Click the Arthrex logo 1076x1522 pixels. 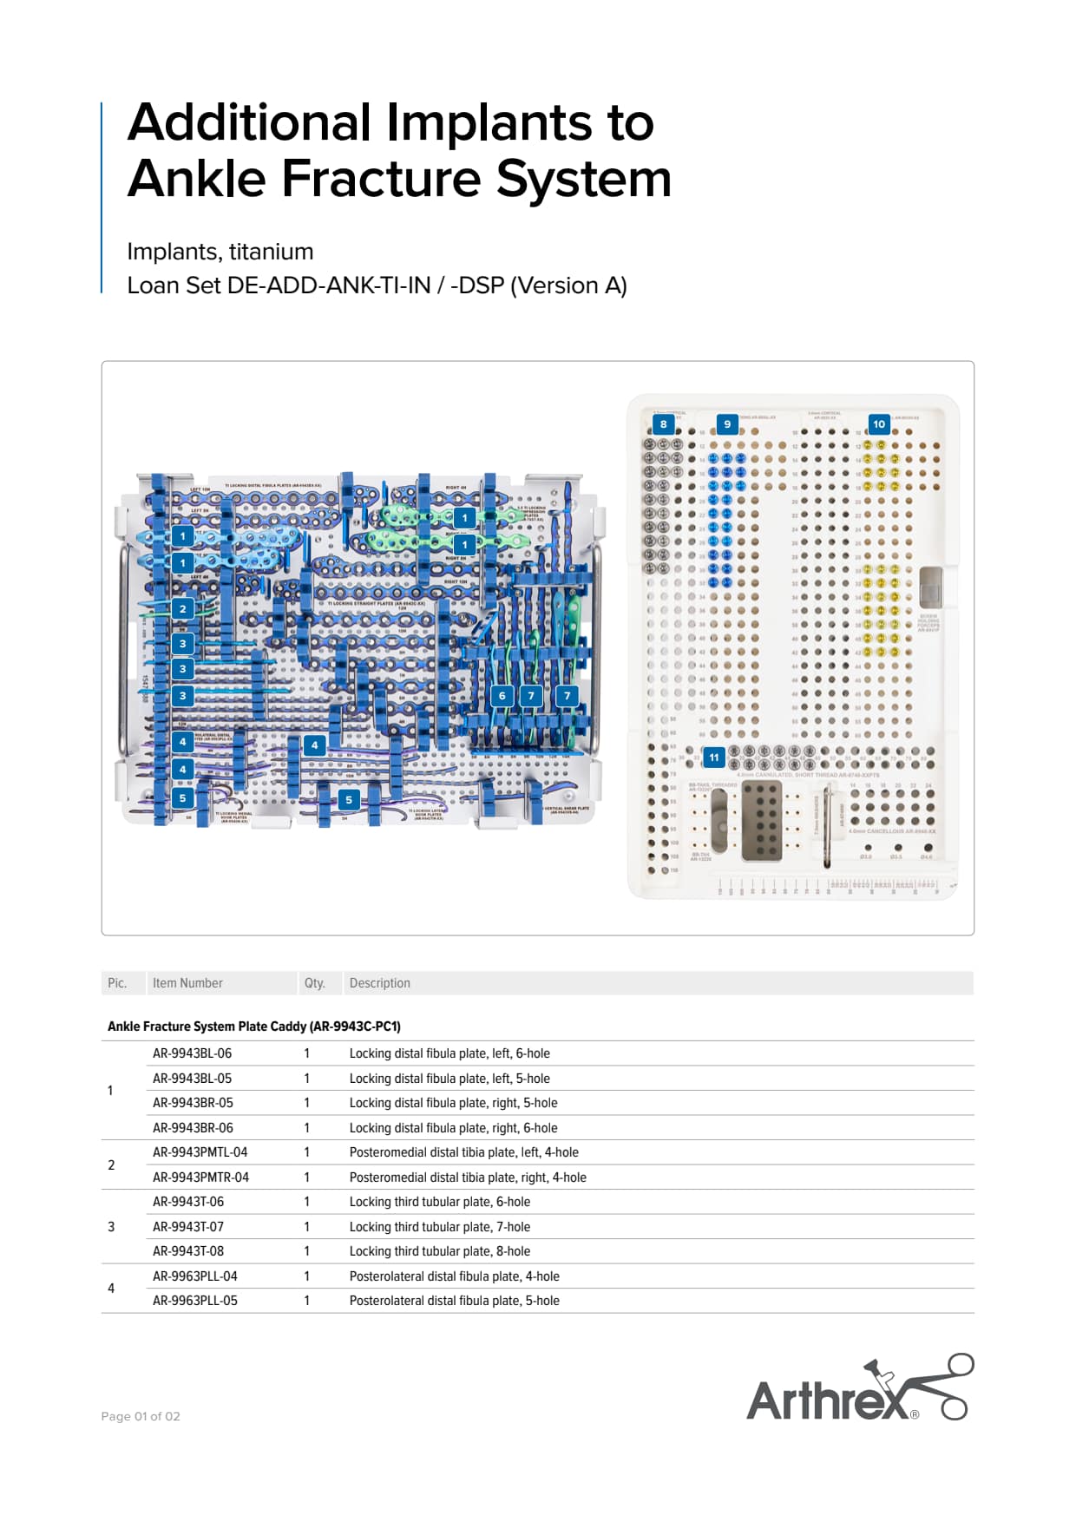click(x=858, y=1388)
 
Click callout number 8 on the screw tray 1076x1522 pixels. click(x=664, y=424)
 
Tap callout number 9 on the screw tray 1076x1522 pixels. click(x=727, y=424)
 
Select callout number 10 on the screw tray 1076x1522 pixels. click(x=879, y=424)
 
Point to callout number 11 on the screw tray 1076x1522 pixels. click(x=713, y=758)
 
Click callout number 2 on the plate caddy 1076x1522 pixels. click(x=182, y=609)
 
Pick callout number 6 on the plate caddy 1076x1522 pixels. click(x=502, y=695)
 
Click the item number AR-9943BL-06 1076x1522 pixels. click(x=192, y=1053)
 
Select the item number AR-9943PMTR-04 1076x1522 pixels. click(x=200, y=1178)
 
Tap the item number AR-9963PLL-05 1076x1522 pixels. click(x=194, y=1301)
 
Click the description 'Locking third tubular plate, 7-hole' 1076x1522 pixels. click(x=439, y=1227)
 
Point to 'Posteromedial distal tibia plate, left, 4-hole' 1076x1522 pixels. click(x=463, y=1152)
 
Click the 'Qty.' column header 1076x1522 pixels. click(x=314, y=983)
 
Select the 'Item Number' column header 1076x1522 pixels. click(x=187, y=983)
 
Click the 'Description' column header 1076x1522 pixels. click(x=379, y=983)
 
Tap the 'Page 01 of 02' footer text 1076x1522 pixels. click(x=141, y=1416)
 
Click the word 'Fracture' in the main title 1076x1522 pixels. click(x=382, y=178)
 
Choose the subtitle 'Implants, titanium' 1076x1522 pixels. click(x=220, y=252)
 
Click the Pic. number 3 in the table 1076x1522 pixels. click(x=111, y=1227)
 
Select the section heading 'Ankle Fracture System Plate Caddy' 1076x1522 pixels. click(x=253, y=1027)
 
